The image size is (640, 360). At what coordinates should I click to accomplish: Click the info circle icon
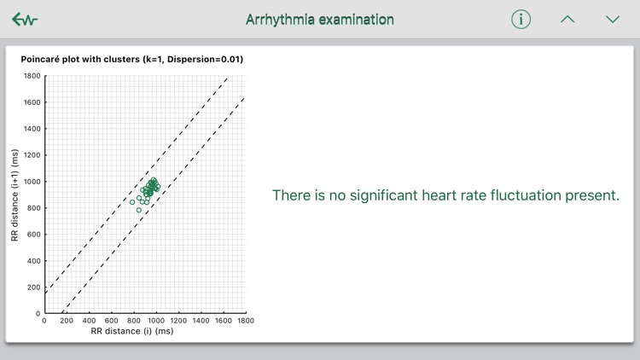coord(521,20)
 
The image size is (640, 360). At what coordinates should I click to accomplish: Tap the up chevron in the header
coord(567,20)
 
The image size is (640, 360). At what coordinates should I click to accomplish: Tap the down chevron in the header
coord(613,20)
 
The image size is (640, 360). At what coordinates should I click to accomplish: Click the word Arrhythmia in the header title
coord(279,19)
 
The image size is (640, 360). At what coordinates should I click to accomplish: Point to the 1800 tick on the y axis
coord(32,76)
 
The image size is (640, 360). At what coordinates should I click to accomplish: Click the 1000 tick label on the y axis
coord(32,182)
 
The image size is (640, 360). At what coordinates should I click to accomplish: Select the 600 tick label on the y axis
coord(33,235)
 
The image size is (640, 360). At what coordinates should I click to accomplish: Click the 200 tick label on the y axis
coord(33,287)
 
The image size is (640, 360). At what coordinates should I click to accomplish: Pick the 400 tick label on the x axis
coord(89,321)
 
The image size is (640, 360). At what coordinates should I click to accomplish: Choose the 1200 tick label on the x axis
coord(178,321)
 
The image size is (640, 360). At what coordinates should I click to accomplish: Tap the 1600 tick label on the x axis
coord(223,321)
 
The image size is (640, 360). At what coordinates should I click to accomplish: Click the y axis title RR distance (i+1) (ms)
coord(15,195)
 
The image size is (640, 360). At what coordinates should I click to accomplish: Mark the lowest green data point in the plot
coord(139,210)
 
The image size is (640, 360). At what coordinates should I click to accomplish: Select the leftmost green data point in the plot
coord(132,202)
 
